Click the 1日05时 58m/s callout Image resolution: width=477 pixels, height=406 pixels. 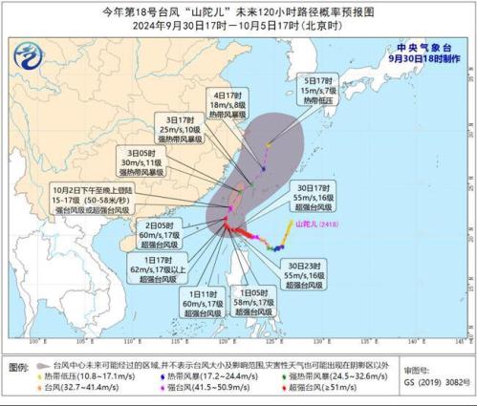pyautogui.click(x=252, y=305)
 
